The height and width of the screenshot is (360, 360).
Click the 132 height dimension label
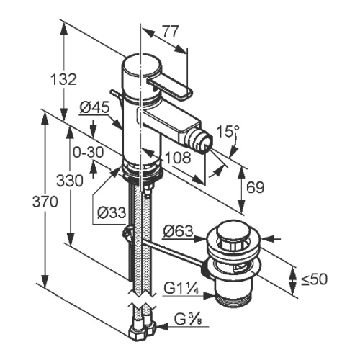[x=64, y=79]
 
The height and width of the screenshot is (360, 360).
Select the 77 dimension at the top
[x=171, y=31]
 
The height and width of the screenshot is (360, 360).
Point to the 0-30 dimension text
[x=89, y=152]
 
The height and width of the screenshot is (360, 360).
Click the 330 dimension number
[x=70, y=181]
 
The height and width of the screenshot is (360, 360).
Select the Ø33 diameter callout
[x=112, y=212]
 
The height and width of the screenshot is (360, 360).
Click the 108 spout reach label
[x=178, y=158]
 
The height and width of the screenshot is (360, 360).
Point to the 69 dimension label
[x=255, y=187]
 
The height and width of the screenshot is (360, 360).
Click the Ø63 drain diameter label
[x=178, y=232]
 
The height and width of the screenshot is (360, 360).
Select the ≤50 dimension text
[x=314, y=279]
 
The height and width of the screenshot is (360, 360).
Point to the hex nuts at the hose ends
[x=142, y=330]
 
